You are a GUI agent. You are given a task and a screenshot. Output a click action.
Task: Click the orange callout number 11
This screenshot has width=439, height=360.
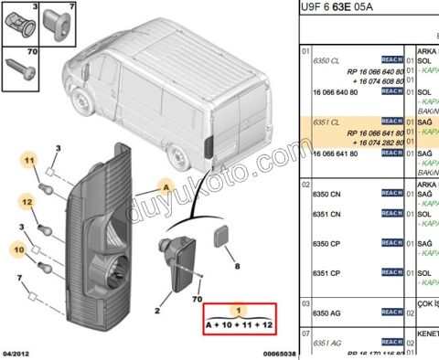click(x=29, y=164)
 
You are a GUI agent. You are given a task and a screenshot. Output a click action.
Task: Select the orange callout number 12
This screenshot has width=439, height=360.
click(x=28, y=201)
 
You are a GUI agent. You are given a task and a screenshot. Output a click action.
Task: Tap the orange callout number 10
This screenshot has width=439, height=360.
click(x=18, y=249)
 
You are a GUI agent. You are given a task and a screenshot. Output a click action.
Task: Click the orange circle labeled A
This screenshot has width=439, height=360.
click(x=167, y=185)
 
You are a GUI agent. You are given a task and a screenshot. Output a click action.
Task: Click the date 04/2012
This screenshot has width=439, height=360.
click(x=16, y=352)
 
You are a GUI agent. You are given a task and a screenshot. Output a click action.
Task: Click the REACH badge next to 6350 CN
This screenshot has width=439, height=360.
click(x=391, y=195)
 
